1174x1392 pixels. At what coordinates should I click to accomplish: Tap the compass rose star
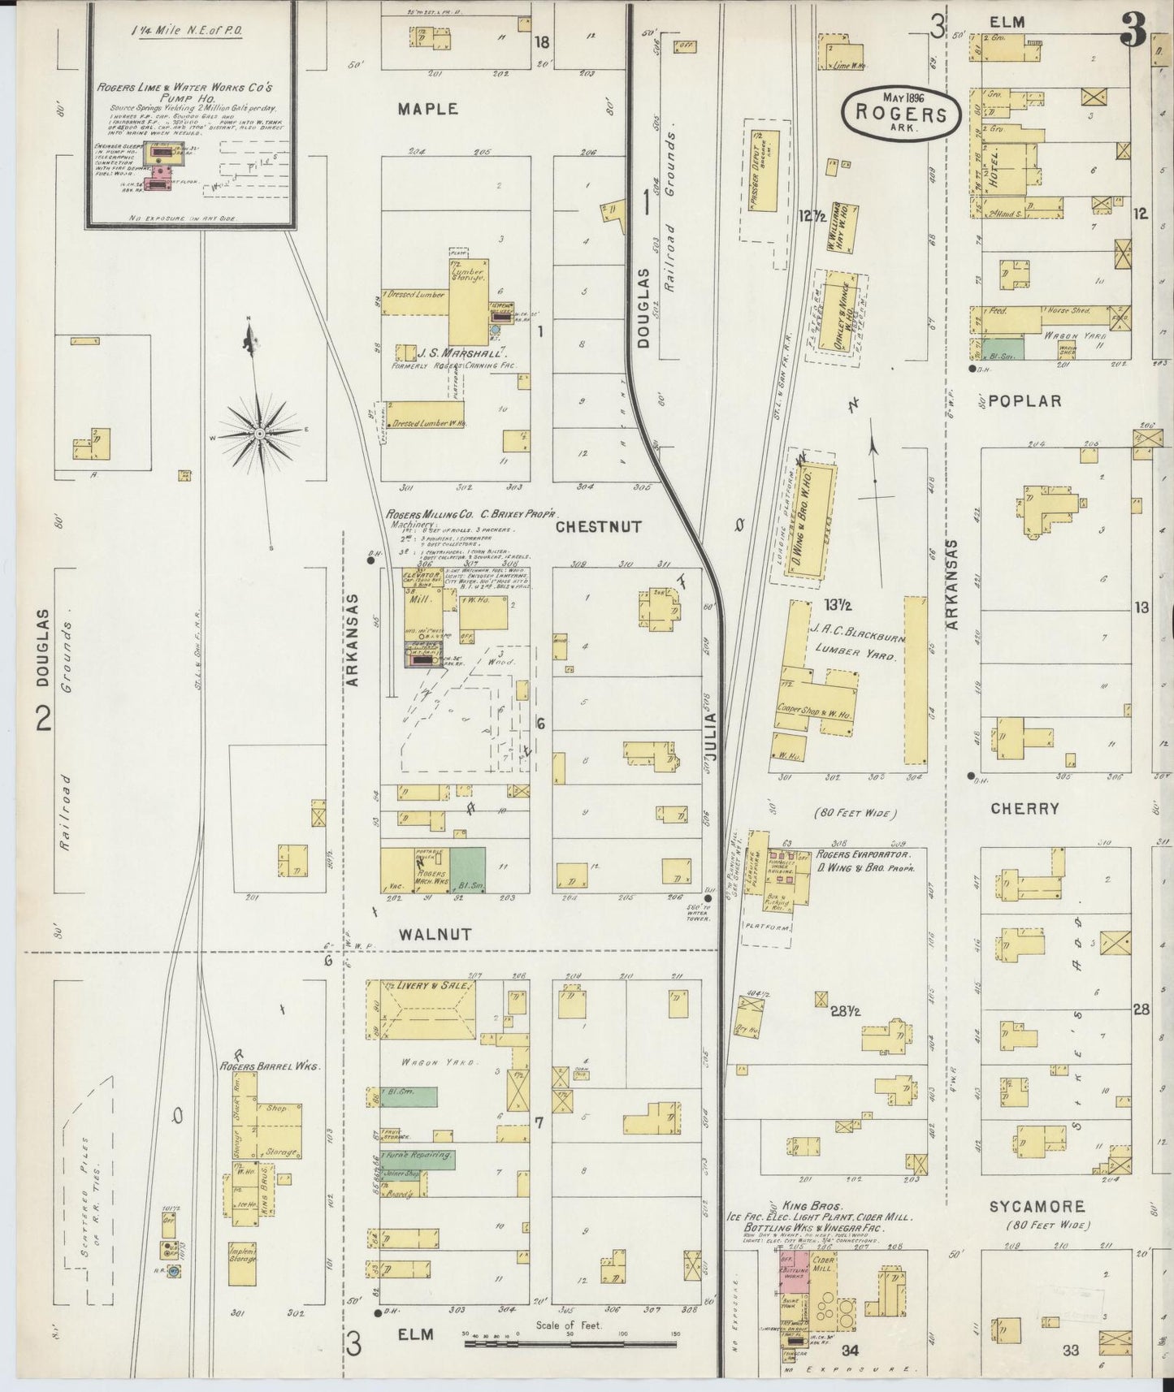point(259,434)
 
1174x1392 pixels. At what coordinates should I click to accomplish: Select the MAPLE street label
point(428,109)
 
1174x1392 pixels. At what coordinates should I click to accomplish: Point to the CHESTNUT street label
point(598,527)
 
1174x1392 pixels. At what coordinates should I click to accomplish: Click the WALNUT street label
point(435,935)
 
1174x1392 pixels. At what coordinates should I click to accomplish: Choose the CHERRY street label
point(1025,809)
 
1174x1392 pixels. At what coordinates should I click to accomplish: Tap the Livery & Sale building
point(422,1009)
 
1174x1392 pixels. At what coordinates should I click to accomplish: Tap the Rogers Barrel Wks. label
point(258,1066)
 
